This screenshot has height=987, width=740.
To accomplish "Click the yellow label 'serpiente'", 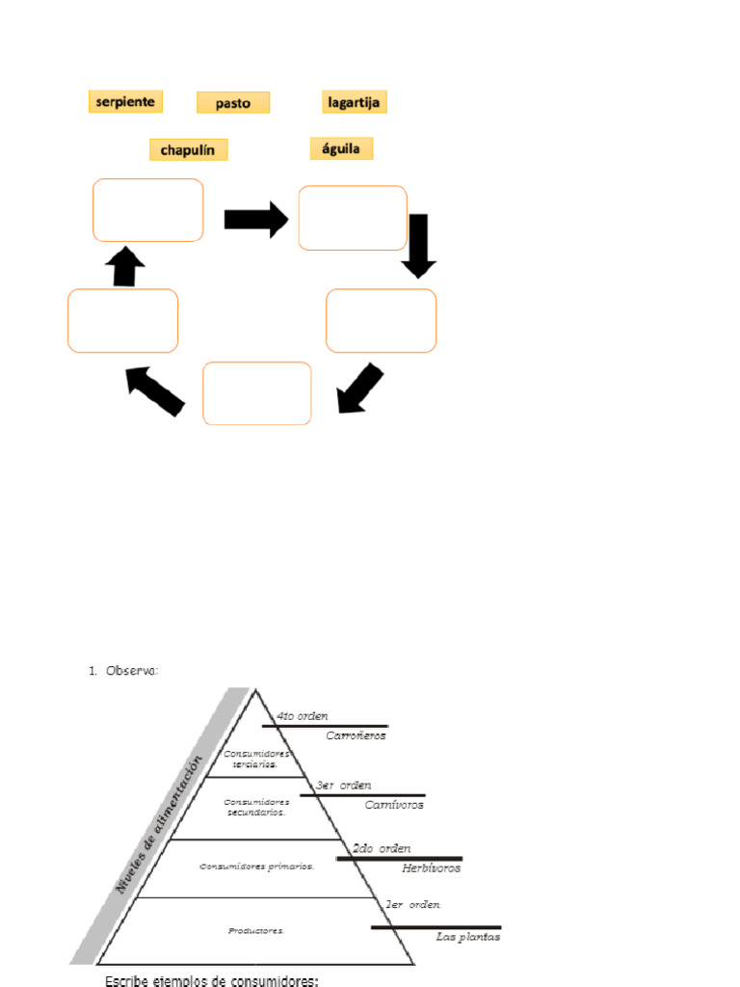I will pyautogui.click(x=125, y=101).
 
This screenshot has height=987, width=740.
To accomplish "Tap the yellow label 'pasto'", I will pyautogui.click(x=233, y=102).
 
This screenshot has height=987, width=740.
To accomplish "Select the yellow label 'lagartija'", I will pyautogui.click(x=354, y=101).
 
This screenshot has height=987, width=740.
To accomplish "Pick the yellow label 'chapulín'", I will pyautogui.click(x=189, y=149).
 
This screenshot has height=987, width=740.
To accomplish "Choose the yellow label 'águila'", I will pyautogui.click(x=341, y=148).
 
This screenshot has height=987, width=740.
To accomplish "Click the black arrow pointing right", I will pyautogui.click(x=255, y=219).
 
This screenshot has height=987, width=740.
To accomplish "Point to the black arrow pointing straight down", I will pyautogui.click(x=418, y=245).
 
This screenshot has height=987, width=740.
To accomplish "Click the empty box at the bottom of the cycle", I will pyautogui.click(x=257, y=393).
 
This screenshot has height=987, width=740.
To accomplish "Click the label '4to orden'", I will pyautogui.click(x=302, y=716).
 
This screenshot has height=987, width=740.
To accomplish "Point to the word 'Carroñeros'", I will pyautogui.click(x=356, y=735).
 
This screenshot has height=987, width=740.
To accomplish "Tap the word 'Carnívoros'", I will pyautogui.click(x=394, y=804).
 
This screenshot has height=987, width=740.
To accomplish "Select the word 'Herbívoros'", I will pyautogui.click(x=431, y=867).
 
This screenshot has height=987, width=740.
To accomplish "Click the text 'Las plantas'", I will pyautogui.click(x=468, y=937).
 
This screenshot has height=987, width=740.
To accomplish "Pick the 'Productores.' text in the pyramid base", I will pyautogui.click(x=256, y=931).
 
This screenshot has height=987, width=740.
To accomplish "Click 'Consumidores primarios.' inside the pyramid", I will pyautogui.click(x=256, y=866).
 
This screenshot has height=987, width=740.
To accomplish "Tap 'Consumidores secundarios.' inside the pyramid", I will pyautogui.click(x=256, y=807).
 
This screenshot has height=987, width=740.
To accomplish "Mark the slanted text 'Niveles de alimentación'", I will pyautogui.click(x=160, y=825).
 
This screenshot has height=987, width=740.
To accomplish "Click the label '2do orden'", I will pyautogui.click(x=382, y=848).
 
